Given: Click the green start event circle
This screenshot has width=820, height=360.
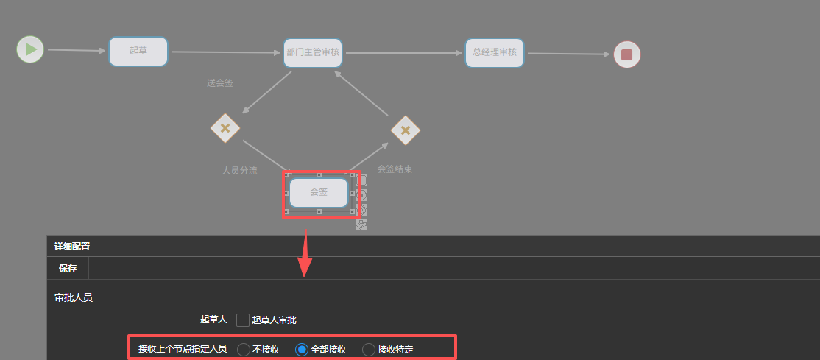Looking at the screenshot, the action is click(x=29, y=49).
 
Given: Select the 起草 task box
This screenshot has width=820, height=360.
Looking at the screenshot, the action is click(x=138, y=52).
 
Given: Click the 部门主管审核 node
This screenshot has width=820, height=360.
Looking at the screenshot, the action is click(x=313, y=53).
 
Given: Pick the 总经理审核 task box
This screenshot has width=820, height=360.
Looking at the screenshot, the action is click(x=495, y=53).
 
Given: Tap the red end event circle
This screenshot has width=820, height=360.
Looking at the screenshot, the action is click(x=627, y=54).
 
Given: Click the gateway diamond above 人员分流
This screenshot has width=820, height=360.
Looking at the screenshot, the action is click(x=225, y=128).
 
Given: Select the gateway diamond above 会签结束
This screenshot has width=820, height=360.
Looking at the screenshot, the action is click(x=406, y=130).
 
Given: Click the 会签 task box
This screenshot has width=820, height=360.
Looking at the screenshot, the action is click(x=319, y=193).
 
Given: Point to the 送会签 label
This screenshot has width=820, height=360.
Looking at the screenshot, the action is click(x=220, y=82).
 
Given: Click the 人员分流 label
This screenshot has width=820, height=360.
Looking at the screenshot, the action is click(x=239, y=171).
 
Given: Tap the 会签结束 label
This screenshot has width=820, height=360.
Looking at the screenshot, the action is click(x=395, y=169).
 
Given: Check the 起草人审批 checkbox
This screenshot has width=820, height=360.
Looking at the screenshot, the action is click(x=243, y=320).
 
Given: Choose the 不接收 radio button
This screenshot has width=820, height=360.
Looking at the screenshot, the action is click(x=244, y=350).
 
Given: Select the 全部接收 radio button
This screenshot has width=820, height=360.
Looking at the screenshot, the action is click(x=302, y=350).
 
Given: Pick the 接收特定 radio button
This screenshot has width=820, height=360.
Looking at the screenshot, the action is click(x=369, y=350).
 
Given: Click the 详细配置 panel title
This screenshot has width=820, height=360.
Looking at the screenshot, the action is click(x=72, y=247).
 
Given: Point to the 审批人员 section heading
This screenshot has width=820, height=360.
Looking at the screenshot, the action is click(x=74, y=297).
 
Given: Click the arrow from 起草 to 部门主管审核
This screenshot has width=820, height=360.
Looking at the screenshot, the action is click(x=226, y=52).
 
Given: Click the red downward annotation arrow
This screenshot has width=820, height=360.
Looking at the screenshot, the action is click(x=305, y=254).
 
